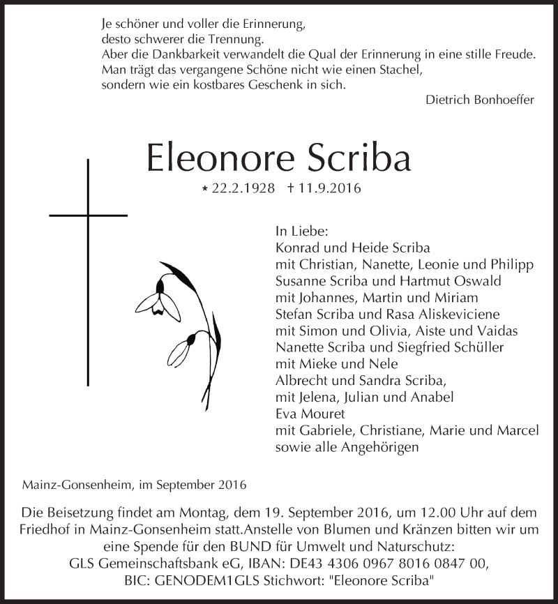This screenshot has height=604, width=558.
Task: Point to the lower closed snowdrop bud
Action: pos(183,348)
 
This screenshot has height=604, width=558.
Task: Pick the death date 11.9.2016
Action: pos(329,189)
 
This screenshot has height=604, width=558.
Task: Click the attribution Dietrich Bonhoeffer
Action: pos(479,99)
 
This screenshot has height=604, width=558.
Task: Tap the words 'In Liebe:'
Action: pos(301,231)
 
